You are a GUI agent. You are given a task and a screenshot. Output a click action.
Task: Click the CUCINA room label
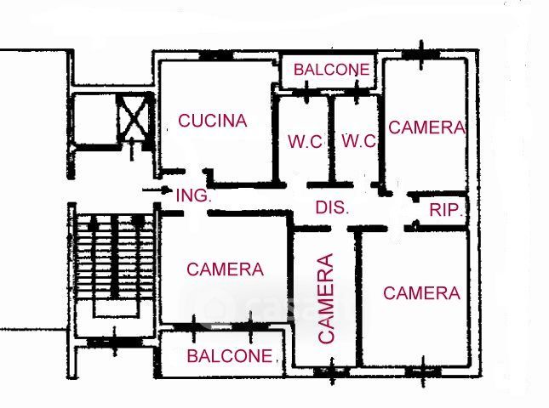tap(213, 121)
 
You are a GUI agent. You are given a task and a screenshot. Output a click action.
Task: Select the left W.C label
tap(304, 141)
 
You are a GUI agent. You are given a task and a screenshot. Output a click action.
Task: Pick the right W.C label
tap(358, 141)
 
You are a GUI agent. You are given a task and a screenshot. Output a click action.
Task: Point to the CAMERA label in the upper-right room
tap(427, 127)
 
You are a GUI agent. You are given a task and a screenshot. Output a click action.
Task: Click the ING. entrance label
tap(193, 195)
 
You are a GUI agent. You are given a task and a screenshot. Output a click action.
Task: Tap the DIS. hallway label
tap(332, 207)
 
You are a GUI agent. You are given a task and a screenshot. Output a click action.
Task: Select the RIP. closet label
tap(446, 211)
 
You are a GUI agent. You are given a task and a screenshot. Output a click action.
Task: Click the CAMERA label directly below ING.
tap(226, 269)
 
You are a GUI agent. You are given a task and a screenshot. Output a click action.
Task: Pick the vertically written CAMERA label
tap(327, 297)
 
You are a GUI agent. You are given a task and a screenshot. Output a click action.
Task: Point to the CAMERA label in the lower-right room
tap(421, 293)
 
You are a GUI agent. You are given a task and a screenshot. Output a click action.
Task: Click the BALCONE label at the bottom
tap(230, 356)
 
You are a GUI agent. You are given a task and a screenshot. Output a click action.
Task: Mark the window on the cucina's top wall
tap(216, 56)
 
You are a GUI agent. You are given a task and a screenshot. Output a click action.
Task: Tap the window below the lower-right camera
tap(421, 371)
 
